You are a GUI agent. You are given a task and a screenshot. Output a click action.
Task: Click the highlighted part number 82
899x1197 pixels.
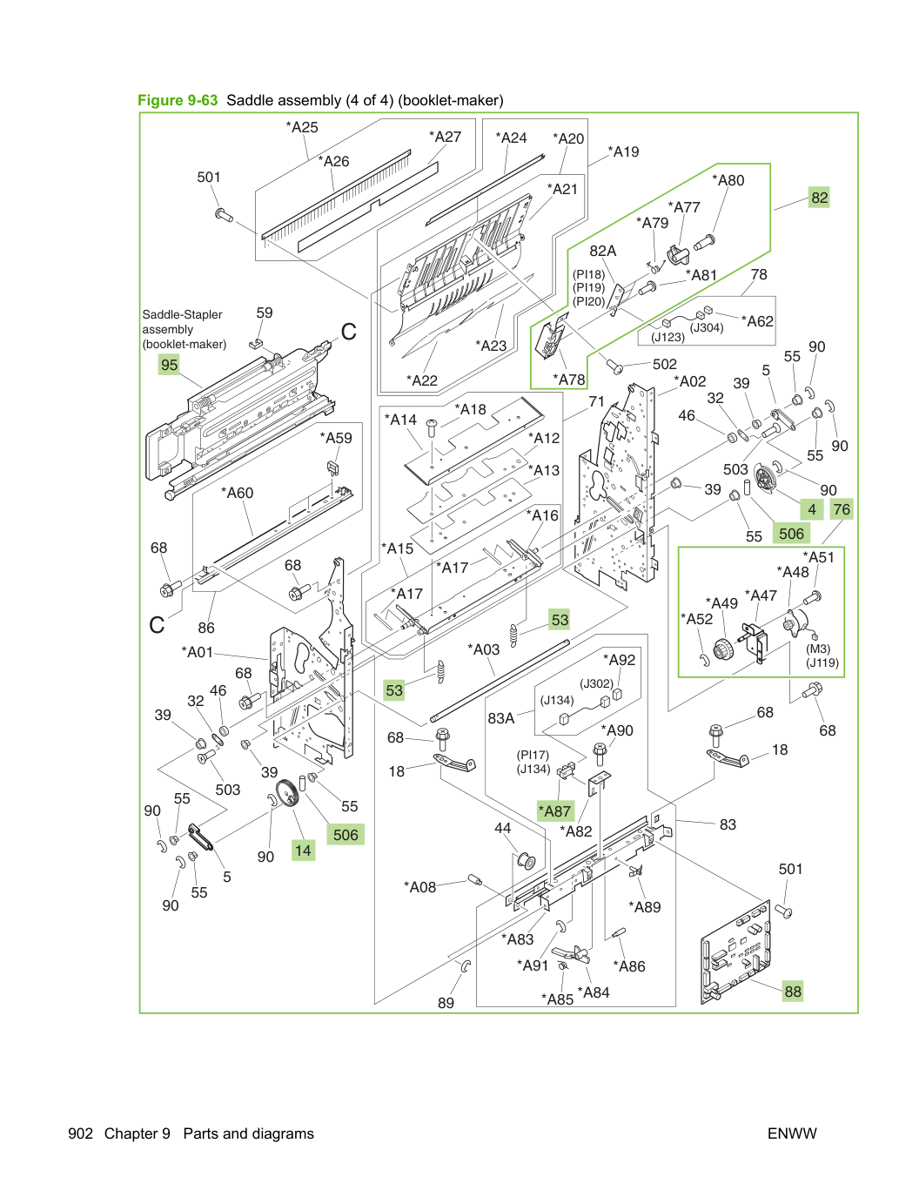pyautogui.click(x=819, y=198)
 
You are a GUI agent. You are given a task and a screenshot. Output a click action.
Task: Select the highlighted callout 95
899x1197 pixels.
pyautogui.click(x=169, y=364)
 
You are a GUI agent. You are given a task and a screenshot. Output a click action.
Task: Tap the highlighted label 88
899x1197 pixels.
pyautogui.click(x=793, y=991)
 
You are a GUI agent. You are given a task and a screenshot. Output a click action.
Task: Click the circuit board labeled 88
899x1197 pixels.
pyautogui.click(x=735, y=952)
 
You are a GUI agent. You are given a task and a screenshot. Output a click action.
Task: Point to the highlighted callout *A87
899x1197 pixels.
pyautogui.click(x=555, y=810)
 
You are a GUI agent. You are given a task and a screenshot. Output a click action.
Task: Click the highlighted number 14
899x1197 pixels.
pyautogui.click(x=303, y=851)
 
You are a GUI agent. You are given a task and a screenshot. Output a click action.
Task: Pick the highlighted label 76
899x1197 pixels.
pyautogui.click(x=842, y=509)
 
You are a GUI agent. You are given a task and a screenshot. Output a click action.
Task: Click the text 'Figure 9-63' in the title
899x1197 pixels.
pyautogui.click(x=178, y=100)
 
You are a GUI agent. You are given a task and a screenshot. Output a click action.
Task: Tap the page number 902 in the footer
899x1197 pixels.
pyautogui.click(x=81, y=1133)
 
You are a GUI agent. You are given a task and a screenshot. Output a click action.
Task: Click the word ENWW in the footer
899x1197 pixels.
pyautogui.click(x=792, y=1133)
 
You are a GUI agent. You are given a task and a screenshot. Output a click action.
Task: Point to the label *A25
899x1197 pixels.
pyautogui.click(x=302, y=127)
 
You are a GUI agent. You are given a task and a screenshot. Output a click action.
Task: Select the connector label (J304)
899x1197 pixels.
pyautogui.click(x=707, y=327)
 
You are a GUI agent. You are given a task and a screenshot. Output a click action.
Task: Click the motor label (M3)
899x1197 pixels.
pyautogui.click(x=818, y=649)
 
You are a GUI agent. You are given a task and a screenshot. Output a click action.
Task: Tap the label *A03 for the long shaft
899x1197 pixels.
pyautogui.click(x=484, y=649)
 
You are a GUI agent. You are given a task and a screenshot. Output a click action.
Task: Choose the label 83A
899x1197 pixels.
pyautogui.click(x=501, y=718)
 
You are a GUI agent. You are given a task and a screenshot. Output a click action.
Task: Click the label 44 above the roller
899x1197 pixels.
pyautogui.click(x=503, y=828)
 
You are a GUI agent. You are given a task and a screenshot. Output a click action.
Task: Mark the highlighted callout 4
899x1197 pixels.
pyautogui.click(x=812, y=509)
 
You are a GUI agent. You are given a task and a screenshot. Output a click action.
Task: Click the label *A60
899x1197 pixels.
pyautogui.click(x=238, y=493)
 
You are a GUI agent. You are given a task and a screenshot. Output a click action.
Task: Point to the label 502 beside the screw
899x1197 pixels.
pyautogui.click(x=665, y=364)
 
